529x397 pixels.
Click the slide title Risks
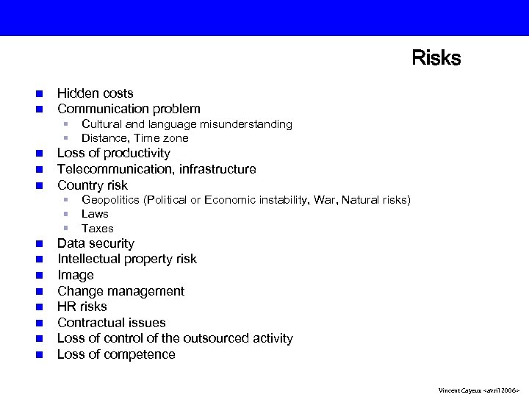click(436, 58)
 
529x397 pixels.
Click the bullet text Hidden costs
click(96, 93)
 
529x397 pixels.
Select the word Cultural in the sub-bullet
click(102, 124)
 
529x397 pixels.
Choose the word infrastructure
click(217, 169)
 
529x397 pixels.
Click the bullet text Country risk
click(93, 185)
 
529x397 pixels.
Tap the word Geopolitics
click(112, 200)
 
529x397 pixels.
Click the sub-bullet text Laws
click(95, 214)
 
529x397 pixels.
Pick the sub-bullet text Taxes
click(98, 229)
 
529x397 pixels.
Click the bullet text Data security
click(96, 243)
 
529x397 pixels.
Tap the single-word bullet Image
click(76, 275)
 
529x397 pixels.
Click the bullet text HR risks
click(82, 307)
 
